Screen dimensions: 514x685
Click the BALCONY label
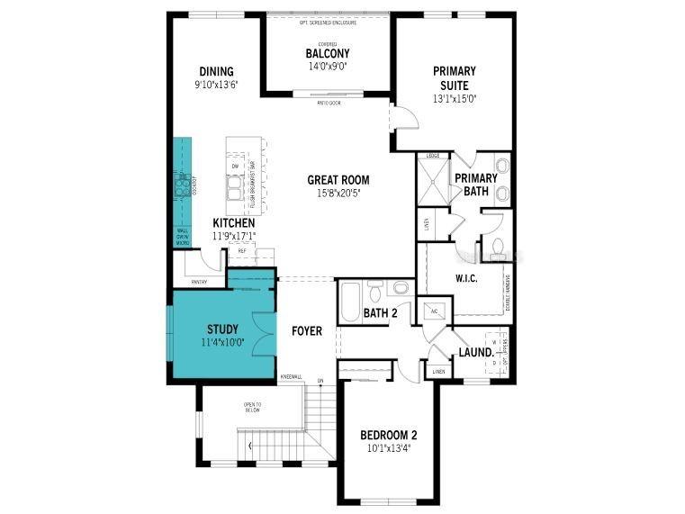click(x=327, y=53)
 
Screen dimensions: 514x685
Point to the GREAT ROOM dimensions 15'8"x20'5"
click(x=338, y=193)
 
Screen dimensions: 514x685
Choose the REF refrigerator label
click(x=242, y=251)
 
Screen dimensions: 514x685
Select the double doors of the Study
click(x=260, y=332)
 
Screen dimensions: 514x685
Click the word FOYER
click(x=307, y=331)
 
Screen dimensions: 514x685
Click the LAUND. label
click(x=473, y=351)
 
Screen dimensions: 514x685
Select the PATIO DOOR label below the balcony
click(x=328, y=102)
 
